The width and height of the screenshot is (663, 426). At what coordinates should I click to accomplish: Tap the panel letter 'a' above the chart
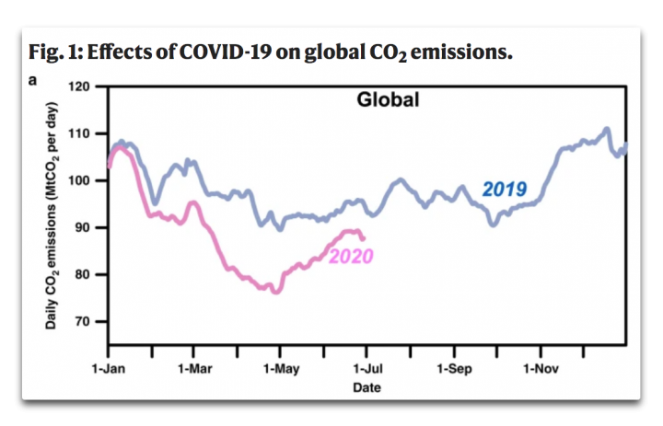(x=32, y=80)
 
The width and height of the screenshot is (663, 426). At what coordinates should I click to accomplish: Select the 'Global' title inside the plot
(x=388, y=99)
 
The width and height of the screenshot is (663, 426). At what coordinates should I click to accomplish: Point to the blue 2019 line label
(x=504, y=190)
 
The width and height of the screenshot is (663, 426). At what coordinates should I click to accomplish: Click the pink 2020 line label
(x=351, y=256)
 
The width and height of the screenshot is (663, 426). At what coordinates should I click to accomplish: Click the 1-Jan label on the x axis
(x=108, y=370)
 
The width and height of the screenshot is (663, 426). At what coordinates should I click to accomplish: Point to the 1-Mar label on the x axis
(x=193, y=370)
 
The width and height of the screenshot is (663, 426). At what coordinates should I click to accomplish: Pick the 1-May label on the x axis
(x=280, y=370)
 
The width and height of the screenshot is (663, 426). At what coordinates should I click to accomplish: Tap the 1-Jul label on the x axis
(x=366, y=370)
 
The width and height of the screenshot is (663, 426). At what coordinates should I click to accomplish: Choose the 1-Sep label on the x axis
(x=453, y=370)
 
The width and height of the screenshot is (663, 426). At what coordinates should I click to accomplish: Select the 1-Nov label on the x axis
(x=540, y=370)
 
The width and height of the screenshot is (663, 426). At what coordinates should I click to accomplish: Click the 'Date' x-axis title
(x=366, y=387)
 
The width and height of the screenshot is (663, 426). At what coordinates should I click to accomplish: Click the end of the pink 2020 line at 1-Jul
(x=363, y=238)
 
